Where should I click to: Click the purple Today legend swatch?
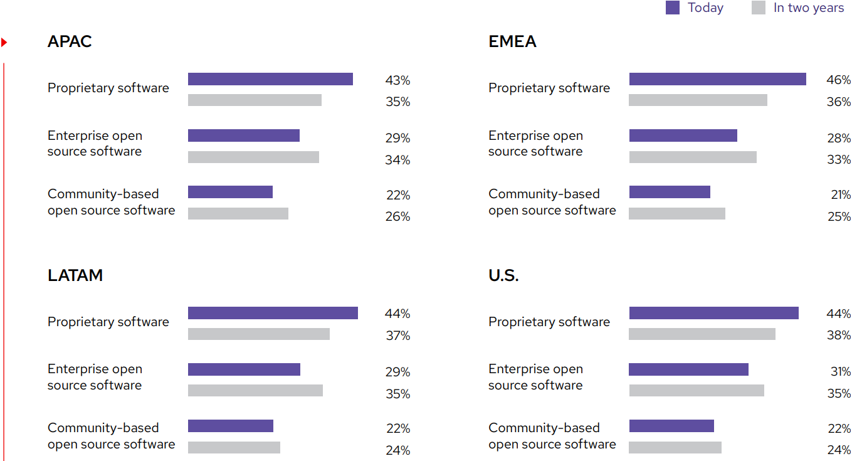[x=672, y=8]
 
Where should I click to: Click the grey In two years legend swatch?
[x=758, y=8]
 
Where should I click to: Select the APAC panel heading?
[x=70, y=41]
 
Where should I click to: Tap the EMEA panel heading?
[x=512, y=41]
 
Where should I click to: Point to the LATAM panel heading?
[x=75, y=275]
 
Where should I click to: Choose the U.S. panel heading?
[x=503, y=275]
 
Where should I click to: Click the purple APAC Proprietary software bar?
[x=270, y=79]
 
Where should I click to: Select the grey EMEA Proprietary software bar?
[x=698, y=100]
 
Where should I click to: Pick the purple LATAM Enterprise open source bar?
[x=244, y=369]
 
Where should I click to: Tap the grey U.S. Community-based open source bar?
[x=675, y=447]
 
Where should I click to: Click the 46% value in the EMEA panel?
[x=838, y=80]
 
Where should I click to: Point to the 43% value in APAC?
[x=397, y=80]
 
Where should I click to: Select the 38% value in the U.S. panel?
[x=838, y=336]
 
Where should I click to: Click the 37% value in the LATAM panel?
[x=397, y=336]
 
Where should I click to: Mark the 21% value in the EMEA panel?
[x=840, y=195]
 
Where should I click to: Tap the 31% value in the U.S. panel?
[x=840, y=372]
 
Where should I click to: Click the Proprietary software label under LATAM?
[x=108, y=322]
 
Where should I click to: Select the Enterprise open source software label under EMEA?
[x=535, y=144]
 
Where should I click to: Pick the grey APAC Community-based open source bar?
[x=238, y=213]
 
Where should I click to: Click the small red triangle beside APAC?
[x=4, y=43]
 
